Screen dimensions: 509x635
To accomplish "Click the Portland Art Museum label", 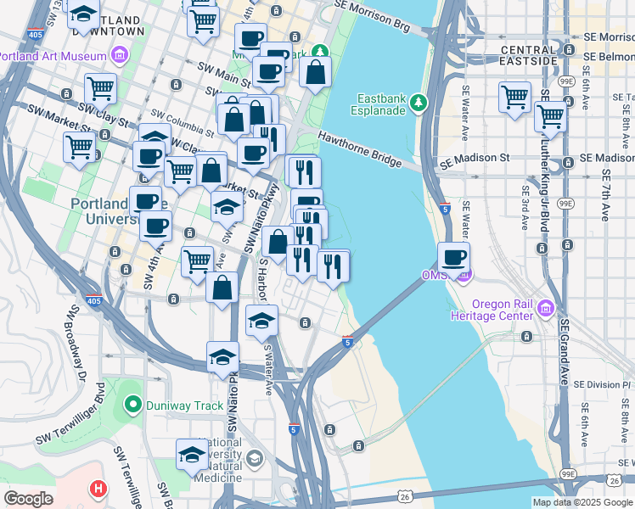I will tap(53, 56).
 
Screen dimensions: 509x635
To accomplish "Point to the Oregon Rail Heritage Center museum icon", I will tap(546, 306).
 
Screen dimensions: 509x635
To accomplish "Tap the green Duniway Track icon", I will tap(132, 406).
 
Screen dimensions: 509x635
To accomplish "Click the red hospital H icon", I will tap(98, 489).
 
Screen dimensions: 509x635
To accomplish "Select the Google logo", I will tap(28, 499).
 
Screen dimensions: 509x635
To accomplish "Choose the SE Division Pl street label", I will tap(603, 383).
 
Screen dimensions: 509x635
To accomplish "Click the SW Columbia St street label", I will tap(182, 121).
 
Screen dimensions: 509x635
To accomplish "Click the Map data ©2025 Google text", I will tap(582, 502).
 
